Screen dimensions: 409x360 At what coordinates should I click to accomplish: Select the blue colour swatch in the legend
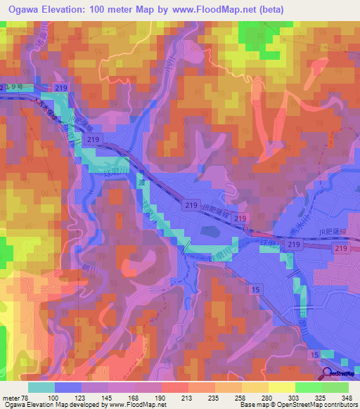[68, 387]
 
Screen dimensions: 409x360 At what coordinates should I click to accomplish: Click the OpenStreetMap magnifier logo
[328, 374]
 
